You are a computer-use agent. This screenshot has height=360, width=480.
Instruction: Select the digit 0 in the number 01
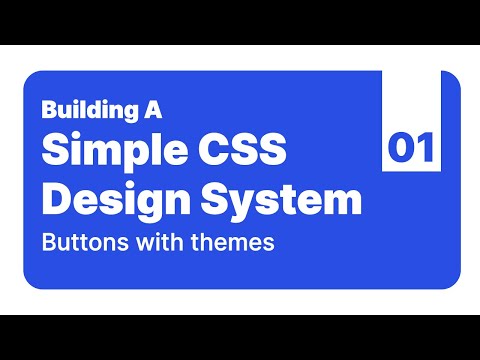(x=400, y=149)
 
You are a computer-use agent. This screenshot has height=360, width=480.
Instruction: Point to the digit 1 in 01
(x=423, y=149)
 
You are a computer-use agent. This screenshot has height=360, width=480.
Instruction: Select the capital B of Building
(x=49, y=109)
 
